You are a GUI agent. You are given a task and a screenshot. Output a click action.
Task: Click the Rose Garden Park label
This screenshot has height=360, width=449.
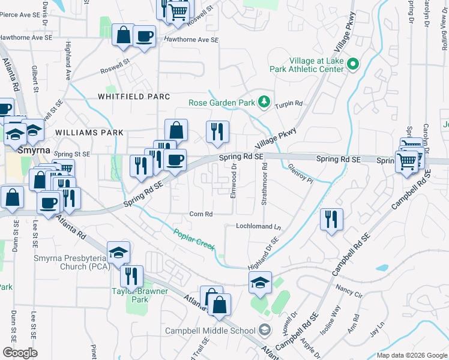tap(221, 103)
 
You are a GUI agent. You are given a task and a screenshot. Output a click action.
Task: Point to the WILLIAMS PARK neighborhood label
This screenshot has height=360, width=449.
tap(89, 133)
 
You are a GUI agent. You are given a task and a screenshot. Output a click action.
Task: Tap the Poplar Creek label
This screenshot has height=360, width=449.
tap(194, 240)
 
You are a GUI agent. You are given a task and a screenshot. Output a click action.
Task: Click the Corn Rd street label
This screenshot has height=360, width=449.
tap(200, 214)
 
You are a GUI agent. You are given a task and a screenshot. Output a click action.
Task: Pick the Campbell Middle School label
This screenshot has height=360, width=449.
tap(211, 331)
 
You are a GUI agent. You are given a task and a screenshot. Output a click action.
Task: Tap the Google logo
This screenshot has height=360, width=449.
tap(20, 353)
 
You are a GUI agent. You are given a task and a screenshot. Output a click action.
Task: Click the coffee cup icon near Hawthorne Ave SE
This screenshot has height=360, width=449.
tap(144, 36)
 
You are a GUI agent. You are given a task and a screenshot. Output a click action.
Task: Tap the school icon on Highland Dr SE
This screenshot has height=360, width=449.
tap(261, 282)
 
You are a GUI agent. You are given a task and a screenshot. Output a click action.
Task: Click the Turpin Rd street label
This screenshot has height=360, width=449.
tap(289, 104)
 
